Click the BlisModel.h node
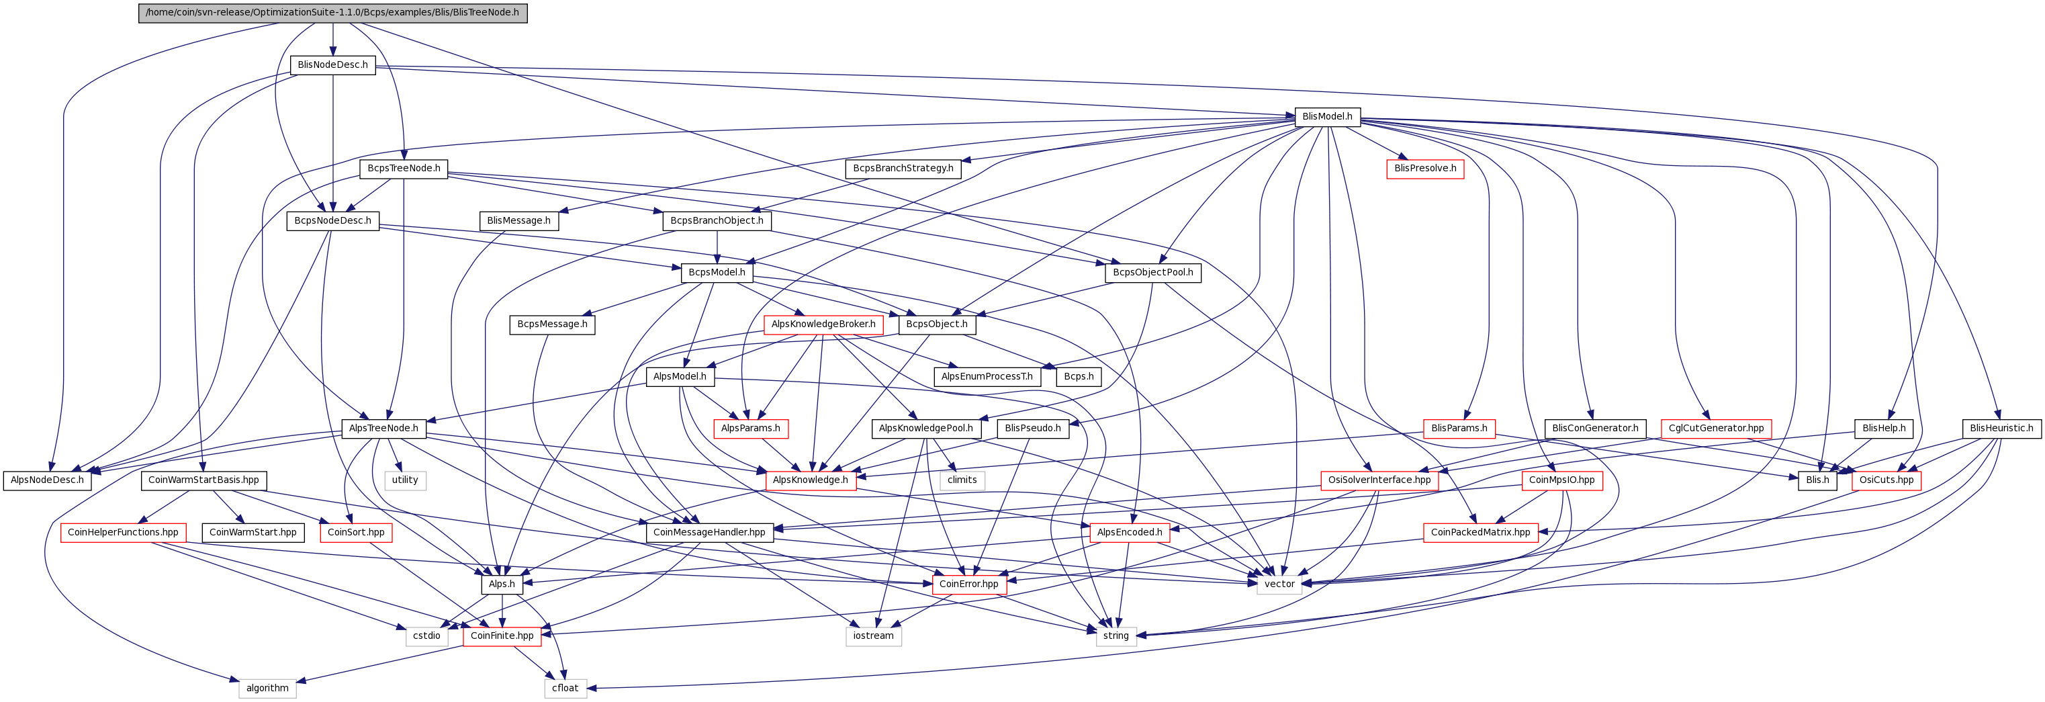(1327, 117)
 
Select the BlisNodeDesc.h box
(332, 65)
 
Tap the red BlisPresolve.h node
(1425, 169)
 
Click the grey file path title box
(332, 13)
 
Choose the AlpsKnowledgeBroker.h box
(823, 324)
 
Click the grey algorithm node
(267, 688)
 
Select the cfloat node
(565, 688)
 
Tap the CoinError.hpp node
(968, 584)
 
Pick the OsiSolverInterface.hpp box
(1379, 480)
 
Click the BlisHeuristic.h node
(2001, 428)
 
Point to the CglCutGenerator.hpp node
(1715, 428)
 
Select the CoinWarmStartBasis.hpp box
(203, 480)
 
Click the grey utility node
(405, 480)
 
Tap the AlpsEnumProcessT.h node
(987, 376)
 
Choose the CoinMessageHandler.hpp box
(709, 532)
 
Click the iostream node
(873, 635)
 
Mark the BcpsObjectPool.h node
(1152, 272)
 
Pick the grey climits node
(962, 480)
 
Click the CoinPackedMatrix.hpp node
(1481, 532)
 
